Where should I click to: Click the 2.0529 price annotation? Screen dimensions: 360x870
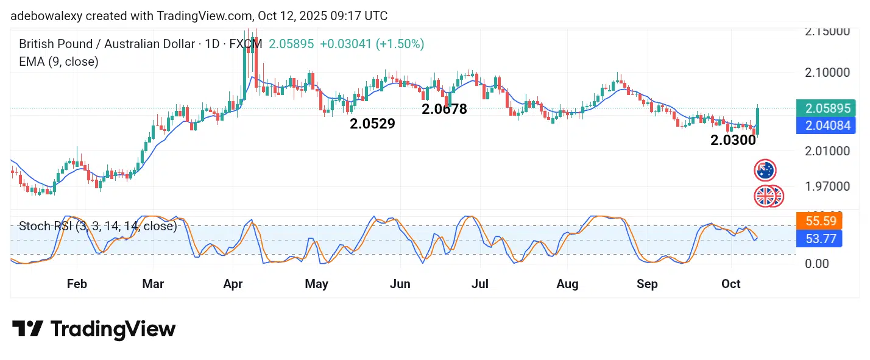pyautogui.click(x=372, y=124)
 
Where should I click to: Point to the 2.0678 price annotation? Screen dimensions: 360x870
pyautogui.click(x=444, y=110)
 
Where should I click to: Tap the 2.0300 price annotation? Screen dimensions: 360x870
pyautogui.click(x=733, y=140)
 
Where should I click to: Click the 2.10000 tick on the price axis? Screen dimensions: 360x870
pyautogui.click(x=827, y=72)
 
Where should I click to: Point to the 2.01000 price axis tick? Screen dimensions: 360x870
pyautogui.click(x=827, y=150)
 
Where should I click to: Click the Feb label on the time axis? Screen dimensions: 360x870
pyautogui.click(x=77, y=284)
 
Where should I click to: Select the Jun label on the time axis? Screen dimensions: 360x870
pyautogui.click(x=400, y=284)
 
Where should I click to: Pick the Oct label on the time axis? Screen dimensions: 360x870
pyautogui.click(x=730, y=284)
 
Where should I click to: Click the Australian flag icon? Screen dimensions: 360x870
pyautogui.click(x=765, y=170)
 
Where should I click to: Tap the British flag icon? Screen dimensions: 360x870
pyautogui.click(x=765, y=196)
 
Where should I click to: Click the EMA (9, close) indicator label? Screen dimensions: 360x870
pyautogui.click(x=58, y=62)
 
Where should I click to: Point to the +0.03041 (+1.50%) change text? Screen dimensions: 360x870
pyautogui.click(x=372, y=44)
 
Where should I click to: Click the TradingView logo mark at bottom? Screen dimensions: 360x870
pyautogui.click(x=27, y=330)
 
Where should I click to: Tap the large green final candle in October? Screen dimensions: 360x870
pyautogui.click(x=757, y=120)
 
